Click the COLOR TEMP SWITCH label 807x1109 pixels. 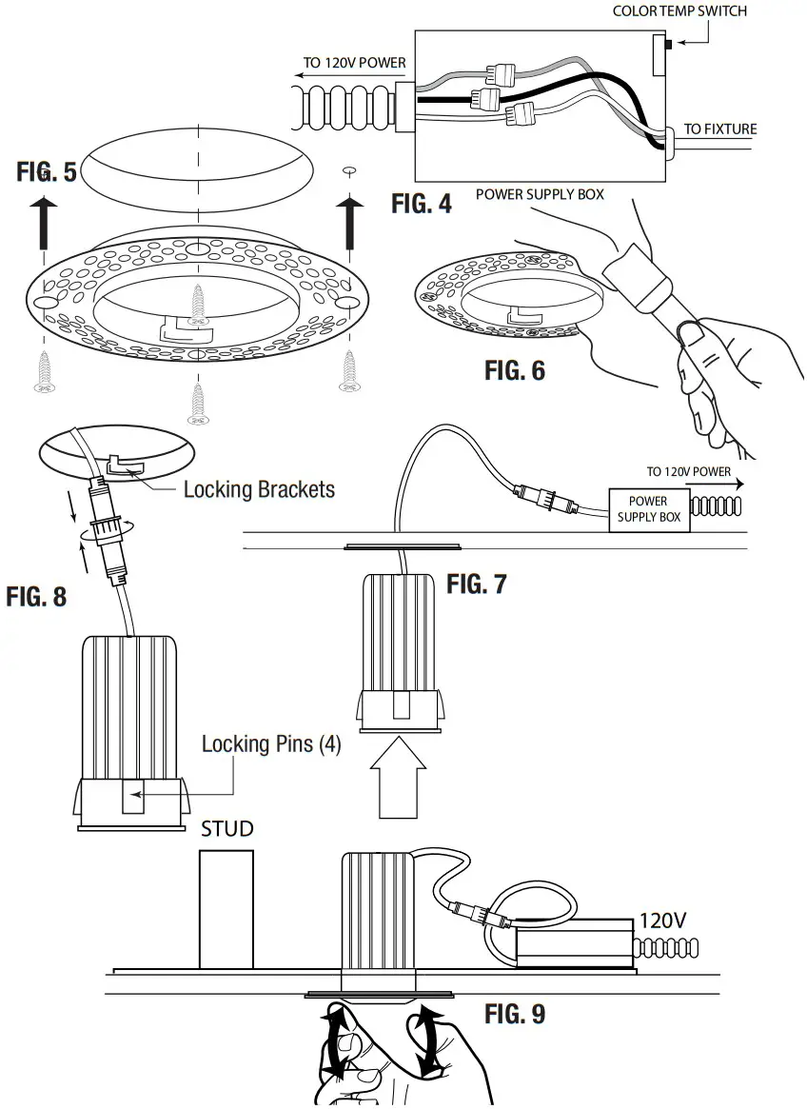pos(679,11)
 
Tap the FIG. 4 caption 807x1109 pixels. pos(422,203)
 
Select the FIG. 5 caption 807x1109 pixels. pos(47,171)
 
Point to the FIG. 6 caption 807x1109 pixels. pos(515,370)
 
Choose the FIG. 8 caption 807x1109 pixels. pos(36,597)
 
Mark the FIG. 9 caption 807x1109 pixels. pos(515,1014)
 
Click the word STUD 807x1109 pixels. pos(227,829)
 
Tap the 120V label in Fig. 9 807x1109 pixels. pos(662,921)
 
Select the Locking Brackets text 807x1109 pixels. pos(259,489)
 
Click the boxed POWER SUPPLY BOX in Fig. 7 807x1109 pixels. pos(648,509)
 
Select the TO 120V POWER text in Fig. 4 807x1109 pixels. pos(354,64)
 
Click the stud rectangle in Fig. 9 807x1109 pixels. pos(226,909)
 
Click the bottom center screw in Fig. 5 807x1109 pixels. pos(198,405)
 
